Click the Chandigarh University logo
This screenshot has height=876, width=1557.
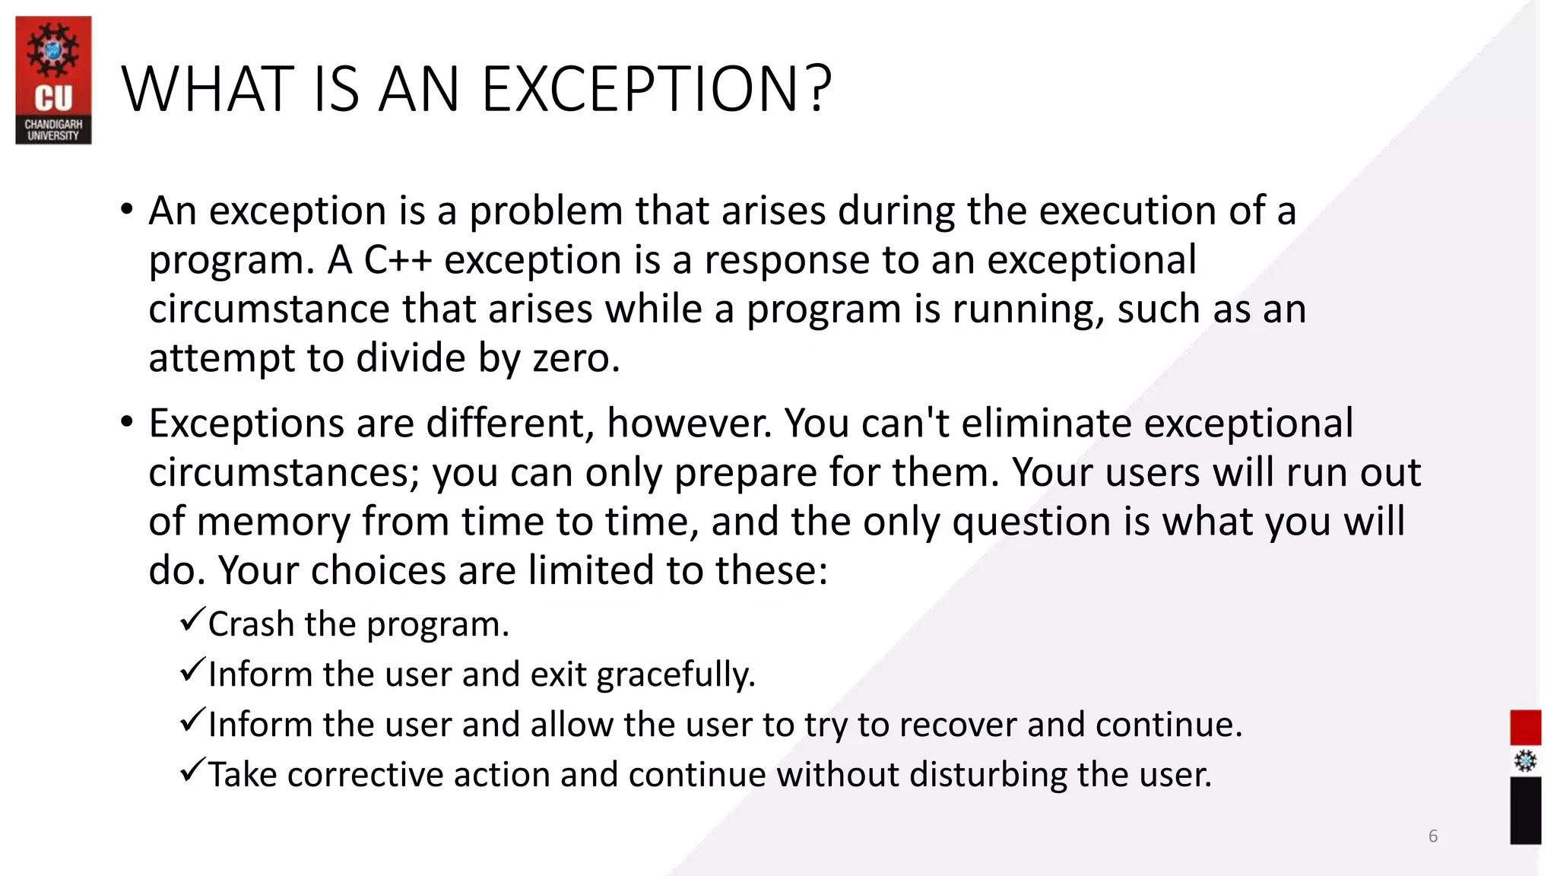[53, 80]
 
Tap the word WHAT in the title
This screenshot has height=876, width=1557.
[207, 90]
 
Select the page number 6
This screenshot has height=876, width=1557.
[1433, 836]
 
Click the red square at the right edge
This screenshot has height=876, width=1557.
[1525, 728]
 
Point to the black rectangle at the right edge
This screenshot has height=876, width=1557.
[1525, 810]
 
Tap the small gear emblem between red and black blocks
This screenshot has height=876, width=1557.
[1525, 761]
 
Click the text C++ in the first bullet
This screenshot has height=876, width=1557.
[398, 260]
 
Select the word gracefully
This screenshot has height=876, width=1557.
[676, 674]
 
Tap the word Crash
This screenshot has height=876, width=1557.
[251, 624]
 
